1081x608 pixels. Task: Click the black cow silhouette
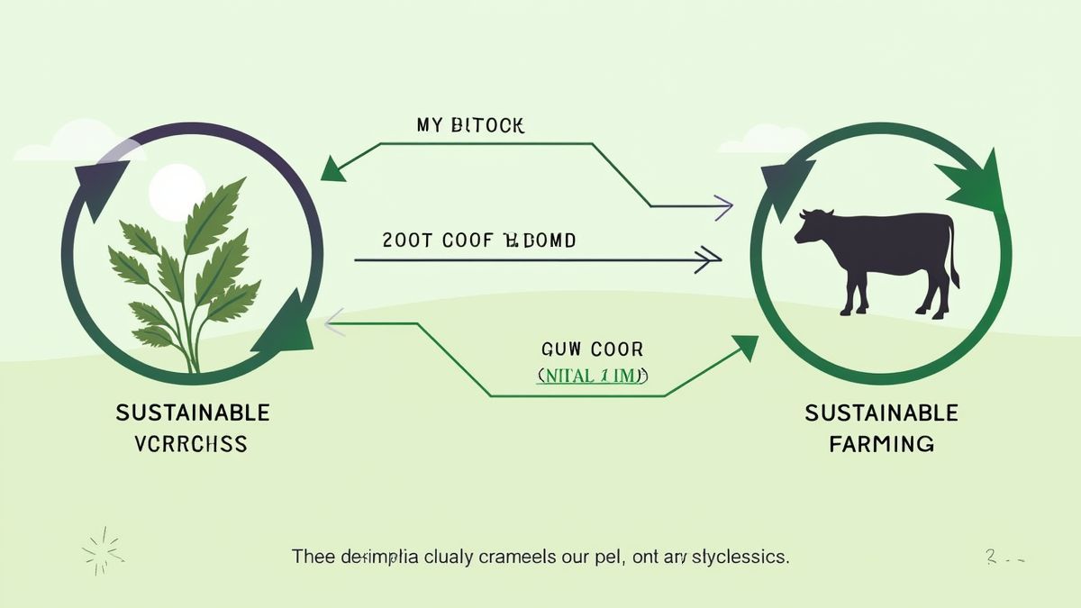[878, 257]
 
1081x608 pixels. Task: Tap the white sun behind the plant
[171, 193]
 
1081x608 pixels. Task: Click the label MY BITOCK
[470, 125]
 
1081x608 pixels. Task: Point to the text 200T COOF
[437, 240]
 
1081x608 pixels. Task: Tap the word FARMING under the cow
[881, 443]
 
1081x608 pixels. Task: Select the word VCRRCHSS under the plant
[192, 443]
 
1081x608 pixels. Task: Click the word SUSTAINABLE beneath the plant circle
[193, 413]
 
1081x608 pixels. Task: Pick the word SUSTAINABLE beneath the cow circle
[881, 413]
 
